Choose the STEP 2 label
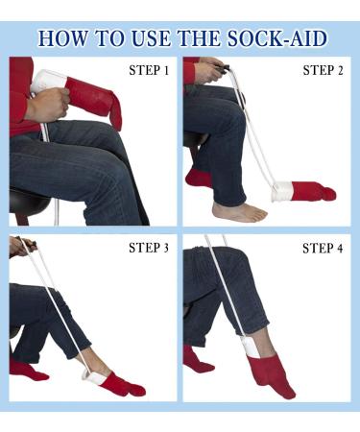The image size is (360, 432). point(323,70)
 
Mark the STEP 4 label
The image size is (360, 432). point(323,248)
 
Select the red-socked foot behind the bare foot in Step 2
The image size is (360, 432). point(199,178)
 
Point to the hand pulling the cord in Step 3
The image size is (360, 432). point(16,247)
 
